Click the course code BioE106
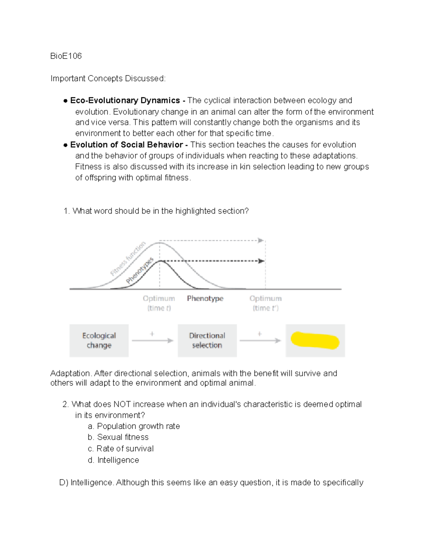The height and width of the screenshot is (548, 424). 66,56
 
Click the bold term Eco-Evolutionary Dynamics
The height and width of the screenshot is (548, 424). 125,101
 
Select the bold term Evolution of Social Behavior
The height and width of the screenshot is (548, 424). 126,145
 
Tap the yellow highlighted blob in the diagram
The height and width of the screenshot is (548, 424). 315,341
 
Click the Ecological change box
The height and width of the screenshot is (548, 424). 99,341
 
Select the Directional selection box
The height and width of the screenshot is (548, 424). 207,341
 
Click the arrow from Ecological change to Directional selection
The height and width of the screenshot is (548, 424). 153,341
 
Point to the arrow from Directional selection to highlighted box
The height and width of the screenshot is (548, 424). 260,341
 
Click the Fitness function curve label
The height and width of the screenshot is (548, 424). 128,259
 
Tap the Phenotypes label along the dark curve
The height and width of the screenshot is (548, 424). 140,271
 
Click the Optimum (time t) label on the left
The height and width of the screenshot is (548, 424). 159,303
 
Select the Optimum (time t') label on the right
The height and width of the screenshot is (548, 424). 265,303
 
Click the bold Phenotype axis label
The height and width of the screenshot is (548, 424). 205,299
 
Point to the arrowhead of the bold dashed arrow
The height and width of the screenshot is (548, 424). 261,261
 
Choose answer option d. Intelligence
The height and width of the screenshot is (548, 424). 114,460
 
